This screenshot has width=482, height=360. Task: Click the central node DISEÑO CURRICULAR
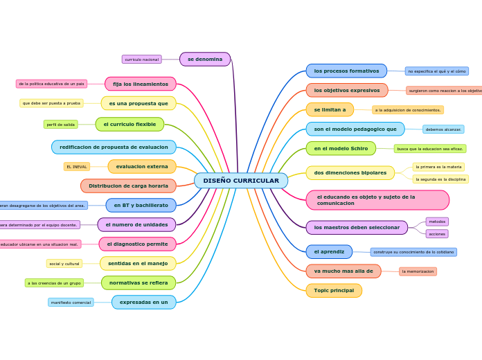point(241,181)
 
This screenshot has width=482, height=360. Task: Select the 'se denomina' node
point(205,60)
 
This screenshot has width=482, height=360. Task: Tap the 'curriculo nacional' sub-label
point(141,60)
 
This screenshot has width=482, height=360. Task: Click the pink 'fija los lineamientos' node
point(141,84)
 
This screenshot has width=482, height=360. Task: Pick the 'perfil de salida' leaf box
point(61,125)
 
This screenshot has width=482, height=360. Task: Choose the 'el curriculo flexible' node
point(130,125)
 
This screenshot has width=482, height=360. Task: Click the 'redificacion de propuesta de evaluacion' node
point(114,147)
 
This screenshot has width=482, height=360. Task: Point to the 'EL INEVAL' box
point(76,167)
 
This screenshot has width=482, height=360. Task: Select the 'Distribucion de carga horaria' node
point(128,186)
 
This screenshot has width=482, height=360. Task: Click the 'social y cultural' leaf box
point(64,264)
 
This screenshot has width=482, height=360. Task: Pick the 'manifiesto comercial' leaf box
point(71,303)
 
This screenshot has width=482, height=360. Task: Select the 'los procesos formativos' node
point(346,71)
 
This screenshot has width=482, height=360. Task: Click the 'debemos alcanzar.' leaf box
point(443,129)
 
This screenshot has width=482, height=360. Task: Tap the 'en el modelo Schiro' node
point(341,148)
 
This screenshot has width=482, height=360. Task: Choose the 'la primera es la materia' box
point(438,167)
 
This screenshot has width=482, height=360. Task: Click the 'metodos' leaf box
point(437,222)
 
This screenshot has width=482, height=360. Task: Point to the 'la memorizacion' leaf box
point(418,271)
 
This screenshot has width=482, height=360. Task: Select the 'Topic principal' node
point(334,291)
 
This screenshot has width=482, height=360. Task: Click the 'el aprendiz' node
point(329,252)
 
